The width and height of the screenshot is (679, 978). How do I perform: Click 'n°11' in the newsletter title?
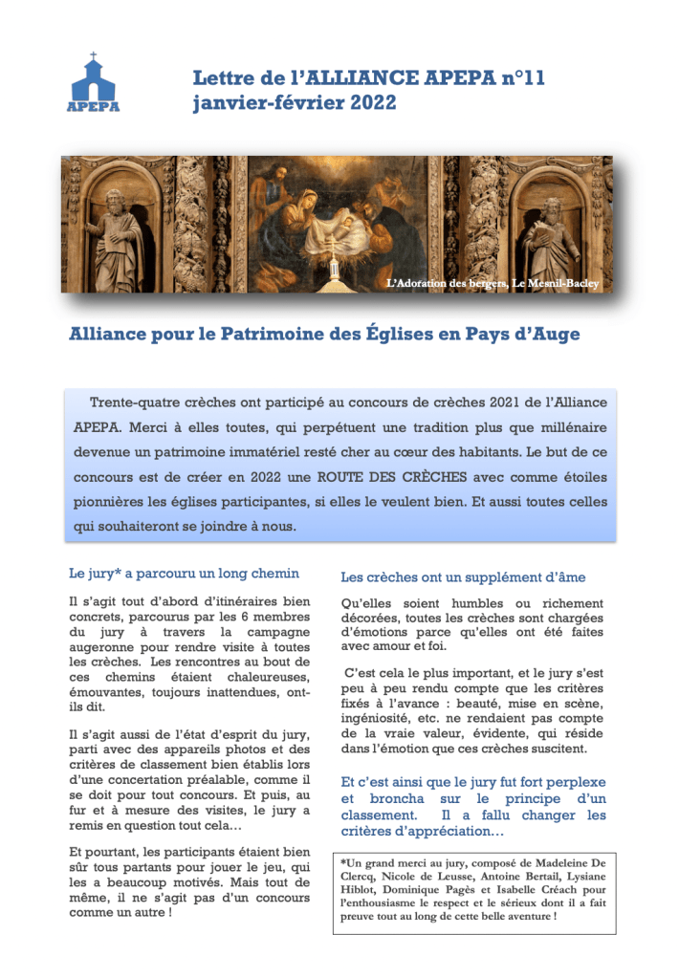(523, 79)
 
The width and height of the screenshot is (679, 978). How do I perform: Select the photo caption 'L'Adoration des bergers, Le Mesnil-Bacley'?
(492, 284)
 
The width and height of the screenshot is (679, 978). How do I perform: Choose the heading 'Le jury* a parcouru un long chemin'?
(185, 574)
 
